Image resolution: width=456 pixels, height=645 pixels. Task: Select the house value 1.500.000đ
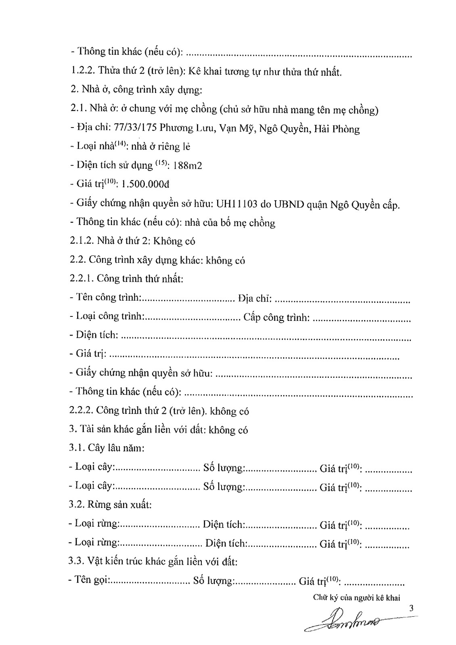tap(145, 184)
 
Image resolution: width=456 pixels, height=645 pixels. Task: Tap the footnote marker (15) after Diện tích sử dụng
tap(160, 163)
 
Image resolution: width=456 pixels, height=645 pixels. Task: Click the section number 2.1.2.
tap(82, 241)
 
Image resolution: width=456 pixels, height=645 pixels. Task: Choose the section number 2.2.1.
tap(82, 279)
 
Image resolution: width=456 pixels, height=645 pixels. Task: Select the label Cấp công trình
tap(276, 317)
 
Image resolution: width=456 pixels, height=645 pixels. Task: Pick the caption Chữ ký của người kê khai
tap(356, 598)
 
